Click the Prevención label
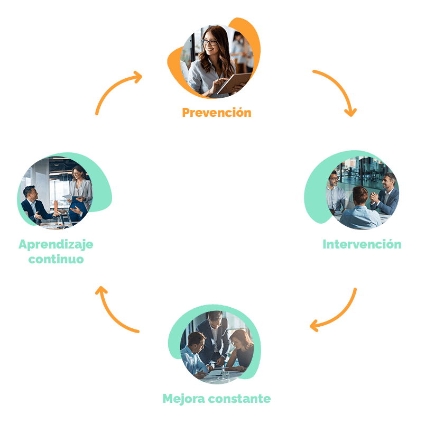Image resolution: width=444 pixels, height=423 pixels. point(216,113)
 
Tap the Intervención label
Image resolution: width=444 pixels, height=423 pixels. point(362,244)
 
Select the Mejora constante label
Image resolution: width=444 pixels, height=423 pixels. point(216,398)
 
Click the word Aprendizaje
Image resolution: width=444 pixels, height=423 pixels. point(56,245)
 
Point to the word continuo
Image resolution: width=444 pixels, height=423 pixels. point(56,260)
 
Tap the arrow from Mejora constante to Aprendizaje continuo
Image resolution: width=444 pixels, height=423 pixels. point(114,312)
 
